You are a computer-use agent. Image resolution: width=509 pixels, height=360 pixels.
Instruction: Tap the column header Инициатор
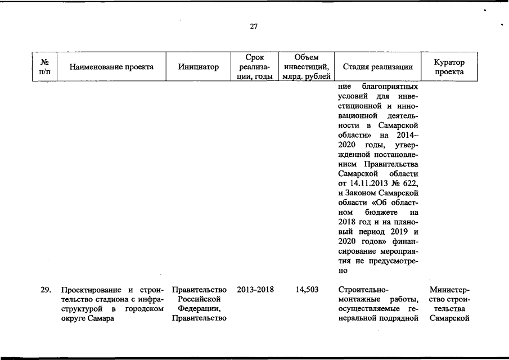click(198, 67)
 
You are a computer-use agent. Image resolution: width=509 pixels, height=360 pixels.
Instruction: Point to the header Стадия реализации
click(377, 67)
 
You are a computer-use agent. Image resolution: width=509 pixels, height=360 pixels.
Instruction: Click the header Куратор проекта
click(449, 67)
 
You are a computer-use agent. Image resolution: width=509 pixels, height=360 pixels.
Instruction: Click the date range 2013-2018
click(255, 290)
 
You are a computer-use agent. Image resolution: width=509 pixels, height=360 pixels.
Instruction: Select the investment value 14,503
click(307, 290)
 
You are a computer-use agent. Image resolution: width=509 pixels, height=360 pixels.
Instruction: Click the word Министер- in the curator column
click(449, 290)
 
